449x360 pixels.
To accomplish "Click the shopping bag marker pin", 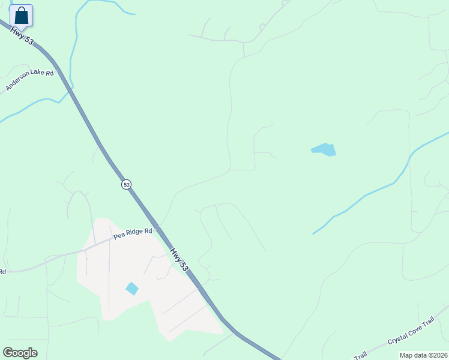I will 22,16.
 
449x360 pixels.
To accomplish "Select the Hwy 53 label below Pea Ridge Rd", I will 179,259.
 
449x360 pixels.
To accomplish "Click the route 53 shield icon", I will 125,184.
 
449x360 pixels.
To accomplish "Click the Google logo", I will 20,353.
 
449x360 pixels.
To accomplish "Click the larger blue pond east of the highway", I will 324,149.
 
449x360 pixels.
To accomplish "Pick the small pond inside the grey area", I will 132,289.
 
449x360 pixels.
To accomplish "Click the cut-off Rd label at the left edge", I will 2,272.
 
